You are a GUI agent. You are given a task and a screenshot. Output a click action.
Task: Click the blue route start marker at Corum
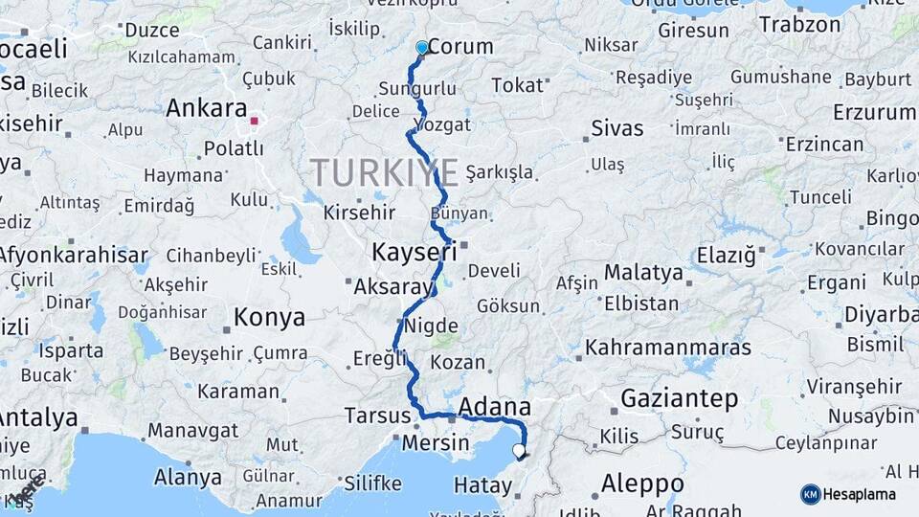click(x=422, y=47)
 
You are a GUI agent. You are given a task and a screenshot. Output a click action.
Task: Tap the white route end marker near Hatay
click(x=519, y=450)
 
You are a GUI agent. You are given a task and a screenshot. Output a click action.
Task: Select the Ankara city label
click(x=207, y=108)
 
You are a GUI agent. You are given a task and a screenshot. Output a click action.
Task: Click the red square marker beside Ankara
click(x=254, y=121)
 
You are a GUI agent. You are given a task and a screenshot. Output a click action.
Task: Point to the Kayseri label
click(x=413, y=254)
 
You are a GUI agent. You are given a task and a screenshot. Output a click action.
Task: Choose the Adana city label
click(x=495, y=408)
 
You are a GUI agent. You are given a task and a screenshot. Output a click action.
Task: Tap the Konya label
click(x=270, y=317)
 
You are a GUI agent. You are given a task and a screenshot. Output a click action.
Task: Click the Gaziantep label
click(x=680, y=397)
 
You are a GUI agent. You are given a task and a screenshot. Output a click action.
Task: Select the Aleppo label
click(x=642, y=483)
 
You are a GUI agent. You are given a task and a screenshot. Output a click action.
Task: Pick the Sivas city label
click(x=617, y=127)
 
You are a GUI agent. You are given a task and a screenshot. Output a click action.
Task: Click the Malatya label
click(x=643, y=273)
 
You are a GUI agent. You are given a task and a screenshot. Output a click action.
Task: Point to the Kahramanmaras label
click(x=668, y=347)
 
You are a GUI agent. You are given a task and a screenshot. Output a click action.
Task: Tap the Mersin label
click(x=436, y=443)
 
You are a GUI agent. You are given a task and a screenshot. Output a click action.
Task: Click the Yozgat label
click(x=441, y=124)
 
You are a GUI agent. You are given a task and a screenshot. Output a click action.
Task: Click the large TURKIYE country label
click(x=383, y=171)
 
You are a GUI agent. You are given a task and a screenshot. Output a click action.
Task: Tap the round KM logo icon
click(x=811, y=494)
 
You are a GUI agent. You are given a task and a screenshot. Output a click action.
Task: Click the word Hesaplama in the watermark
click(x=861, y=494)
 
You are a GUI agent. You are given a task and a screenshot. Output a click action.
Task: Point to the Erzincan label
click(x=824, y=145)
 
